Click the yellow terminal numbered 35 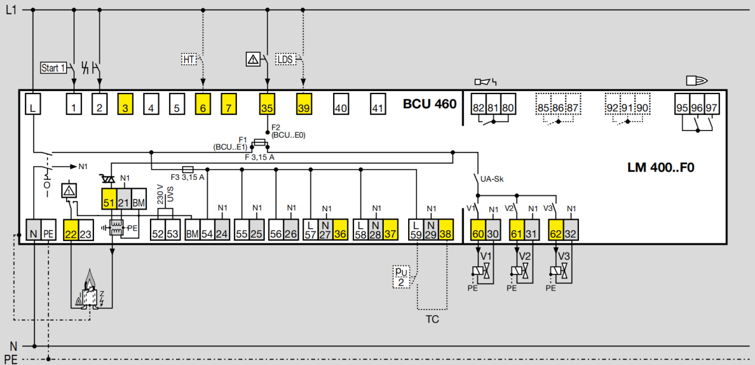tap(267, 104)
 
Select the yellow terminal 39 tap(303, 104)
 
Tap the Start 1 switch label tap(54, 68)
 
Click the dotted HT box tap(189, 60)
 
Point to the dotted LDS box tap(286, 60)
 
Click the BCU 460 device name tap(430, 104)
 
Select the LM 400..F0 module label tap(660, 167)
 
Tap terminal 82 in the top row tap(478, 104)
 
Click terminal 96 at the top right tap(697, 104)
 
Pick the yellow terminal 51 tap(109, 199)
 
